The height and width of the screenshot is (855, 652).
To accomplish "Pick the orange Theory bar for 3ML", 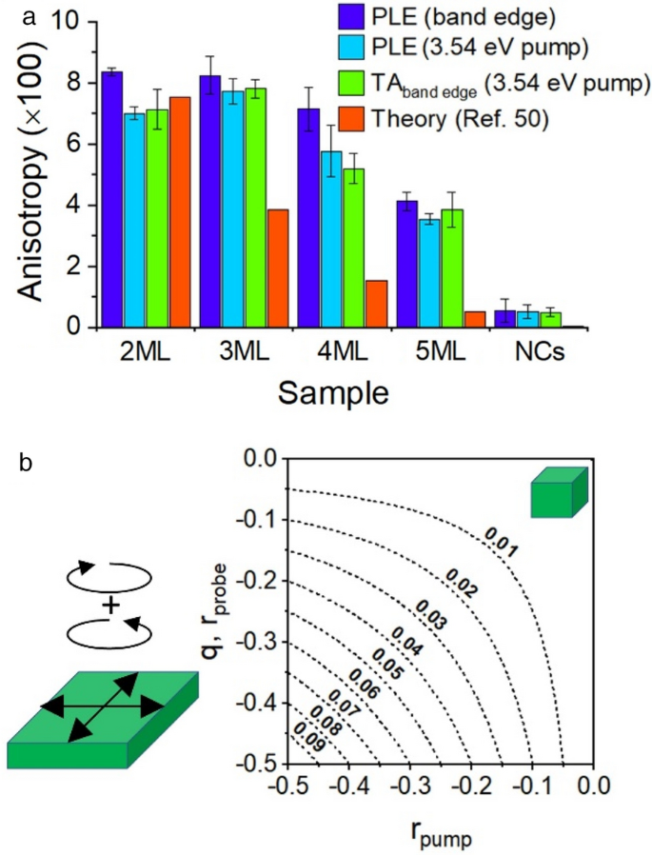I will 278,268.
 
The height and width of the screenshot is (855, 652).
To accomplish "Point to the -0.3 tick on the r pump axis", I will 409,786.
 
